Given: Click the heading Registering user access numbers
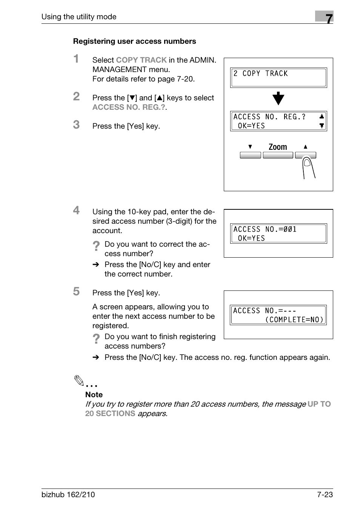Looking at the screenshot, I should (x=134, y=41).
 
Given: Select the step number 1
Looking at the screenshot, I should (x=76, y=59).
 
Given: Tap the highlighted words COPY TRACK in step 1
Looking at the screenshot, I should (x=141, y=60).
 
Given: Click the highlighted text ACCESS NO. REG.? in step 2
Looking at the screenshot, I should (x=129, y=107).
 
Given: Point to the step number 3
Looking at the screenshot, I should (x=76, y=125).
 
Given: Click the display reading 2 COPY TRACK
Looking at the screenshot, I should (x=278, y=77).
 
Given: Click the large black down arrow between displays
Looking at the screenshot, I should (x=278, y=98).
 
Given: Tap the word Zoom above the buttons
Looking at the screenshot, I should (x=278, y=147).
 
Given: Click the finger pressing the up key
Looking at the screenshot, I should (x=308, y=168).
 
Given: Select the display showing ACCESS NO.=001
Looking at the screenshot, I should (x=278, y=233).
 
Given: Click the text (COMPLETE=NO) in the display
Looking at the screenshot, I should (x=294, y=320).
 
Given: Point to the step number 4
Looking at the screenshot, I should (x=76, y=210).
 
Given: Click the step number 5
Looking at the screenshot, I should (x=76, y=292).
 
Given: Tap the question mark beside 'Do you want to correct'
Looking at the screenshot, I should (x=96, y=246).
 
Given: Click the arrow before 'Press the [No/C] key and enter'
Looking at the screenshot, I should (x=96, y=265).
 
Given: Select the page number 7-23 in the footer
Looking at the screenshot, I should (x=325, y=495).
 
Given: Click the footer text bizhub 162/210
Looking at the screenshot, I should (x=68, y=495).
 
